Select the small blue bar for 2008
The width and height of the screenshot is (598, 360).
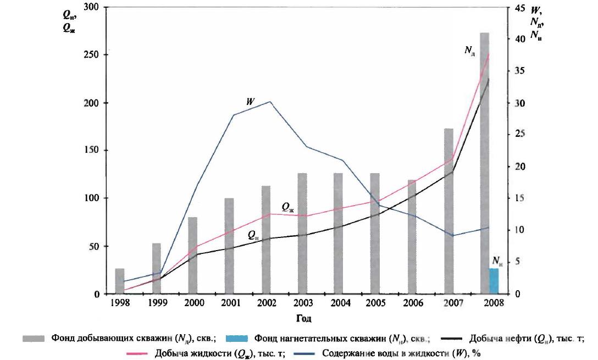494,281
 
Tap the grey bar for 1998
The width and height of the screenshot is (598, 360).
120,281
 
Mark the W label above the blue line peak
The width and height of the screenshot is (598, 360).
250,102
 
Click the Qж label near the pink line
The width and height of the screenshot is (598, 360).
287,207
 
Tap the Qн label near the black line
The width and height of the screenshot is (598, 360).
252,235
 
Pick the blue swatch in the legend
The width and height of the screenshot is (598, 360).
237,339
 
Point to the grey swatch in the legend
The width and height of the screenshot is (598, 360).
33,339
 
